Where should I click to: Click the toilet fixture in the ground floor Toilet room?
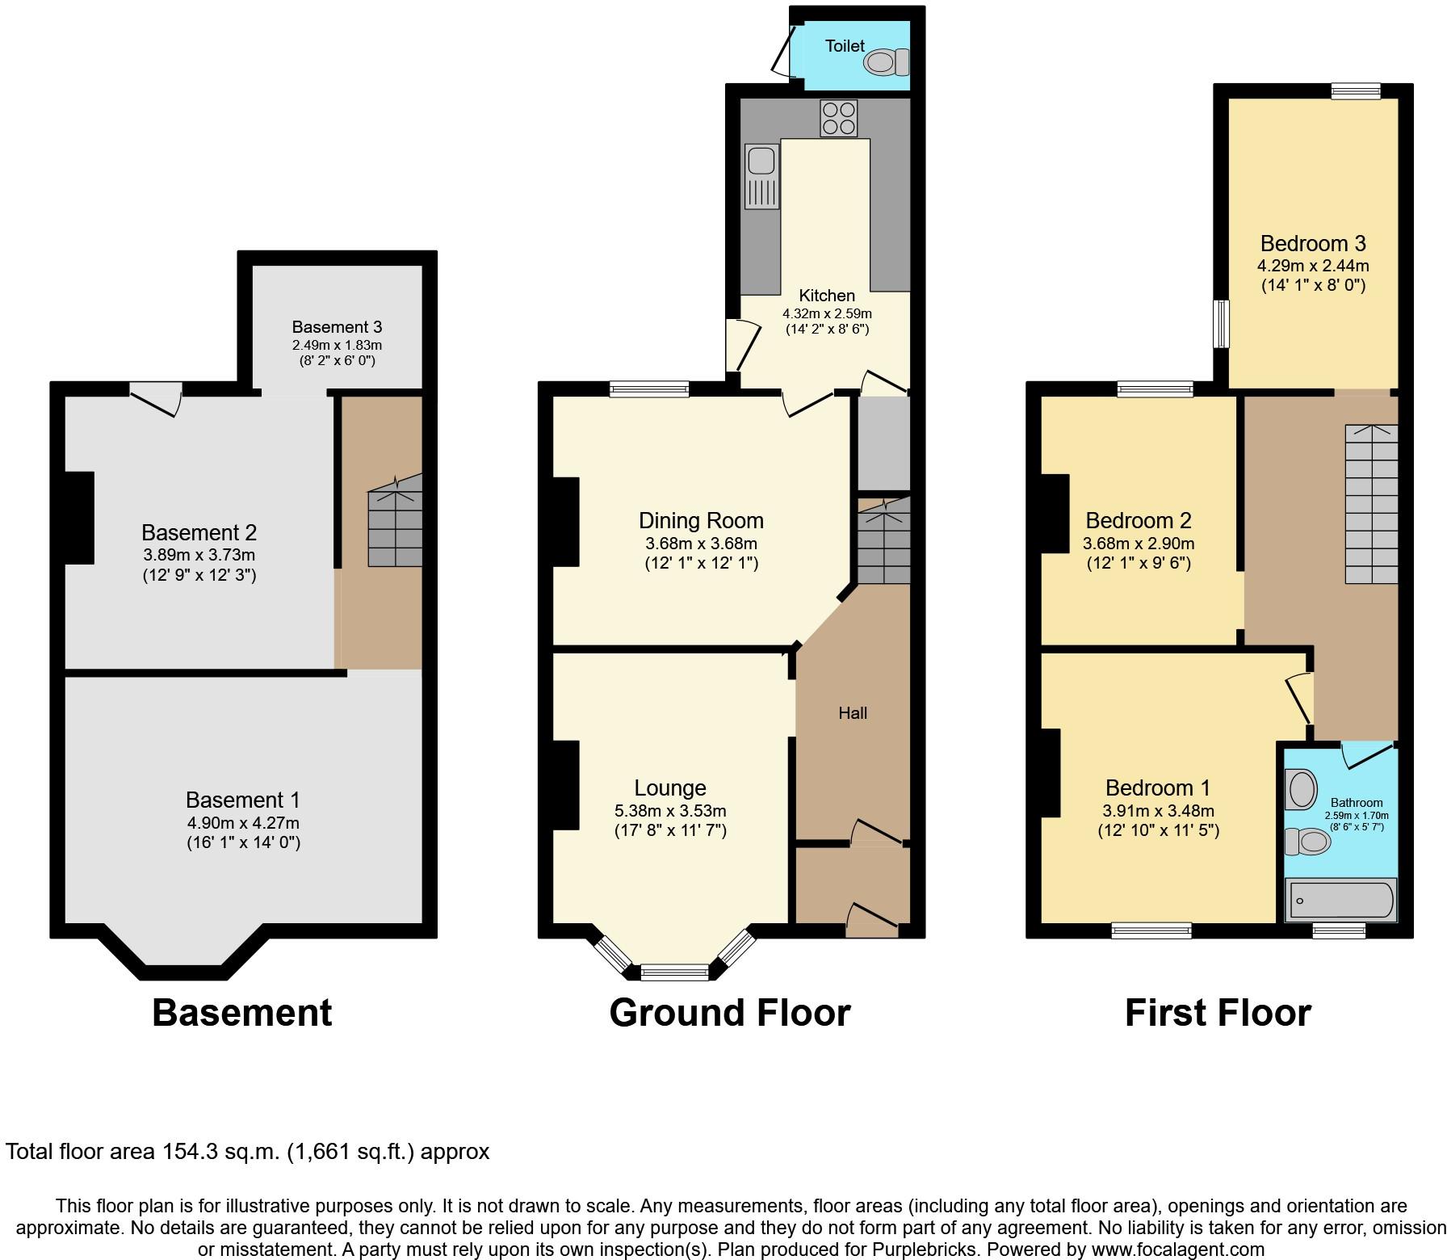coord(887,62)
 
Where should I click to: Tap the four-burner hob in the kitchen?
coord(838,118)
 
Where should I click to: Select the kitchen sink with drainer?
coord(762,176)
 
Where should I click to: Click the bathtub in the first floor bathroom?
coord(1340,901)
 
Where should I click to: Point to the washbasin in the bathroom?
coord(1302,790)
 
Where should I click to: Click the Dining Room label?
coord(701,520)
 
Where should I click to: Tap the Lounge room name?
coord(670,787)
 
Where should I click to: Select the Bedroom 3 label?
coord(1313,243)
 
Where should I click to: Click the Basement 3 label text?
coord(337,327)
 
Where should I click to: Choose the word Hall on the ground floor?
coord(853,712)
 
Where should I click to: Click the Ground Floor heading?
coord(730,1013)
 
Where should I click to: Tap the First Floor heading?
coord(1218,1013)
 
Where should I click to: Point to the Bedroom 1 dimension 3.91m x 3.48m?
coord(1158,811)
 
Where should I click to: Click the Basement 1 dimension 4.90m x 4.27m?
coord(242,823)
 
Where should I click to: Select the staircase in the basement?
coord(395,521)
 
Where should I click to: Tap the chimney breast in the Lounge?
coord(566,785)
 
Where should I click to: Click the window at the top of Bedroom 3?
coord(1356,91)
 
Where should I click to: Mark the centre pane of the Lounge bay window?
coord(674,972)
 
